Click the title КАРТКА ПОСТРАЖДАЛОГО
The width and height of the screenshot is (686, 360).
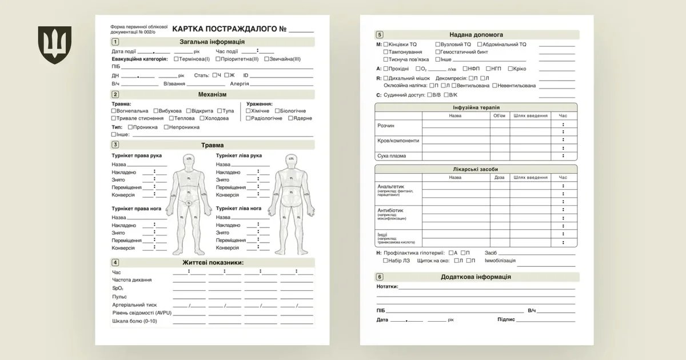229,29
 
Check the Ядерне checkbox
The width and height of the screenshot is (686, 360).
291,118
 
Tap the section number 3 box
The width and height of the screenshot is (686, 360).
115,145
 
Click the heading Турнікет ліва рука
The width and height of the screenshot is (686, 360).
238,155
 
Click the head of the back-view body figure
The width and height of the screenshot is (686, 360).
291,159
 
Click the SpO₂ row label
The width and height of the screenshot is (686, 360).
118,289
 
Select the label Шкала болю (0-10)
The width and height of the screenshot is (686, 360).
134,321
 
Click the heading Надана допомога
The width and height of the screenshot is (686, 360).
476,34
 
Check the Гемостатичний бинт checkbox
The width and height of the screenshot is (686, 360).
438,51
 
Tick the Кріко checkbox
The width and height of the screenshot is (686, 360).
509,69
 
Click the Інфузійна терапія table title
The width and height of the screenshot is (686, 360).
476,107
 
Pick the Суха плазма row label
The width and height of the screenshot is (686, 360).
392,155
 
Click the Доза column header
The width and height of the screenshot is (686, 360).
499,177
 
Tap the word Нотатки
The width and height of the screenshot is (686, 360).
387,286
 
